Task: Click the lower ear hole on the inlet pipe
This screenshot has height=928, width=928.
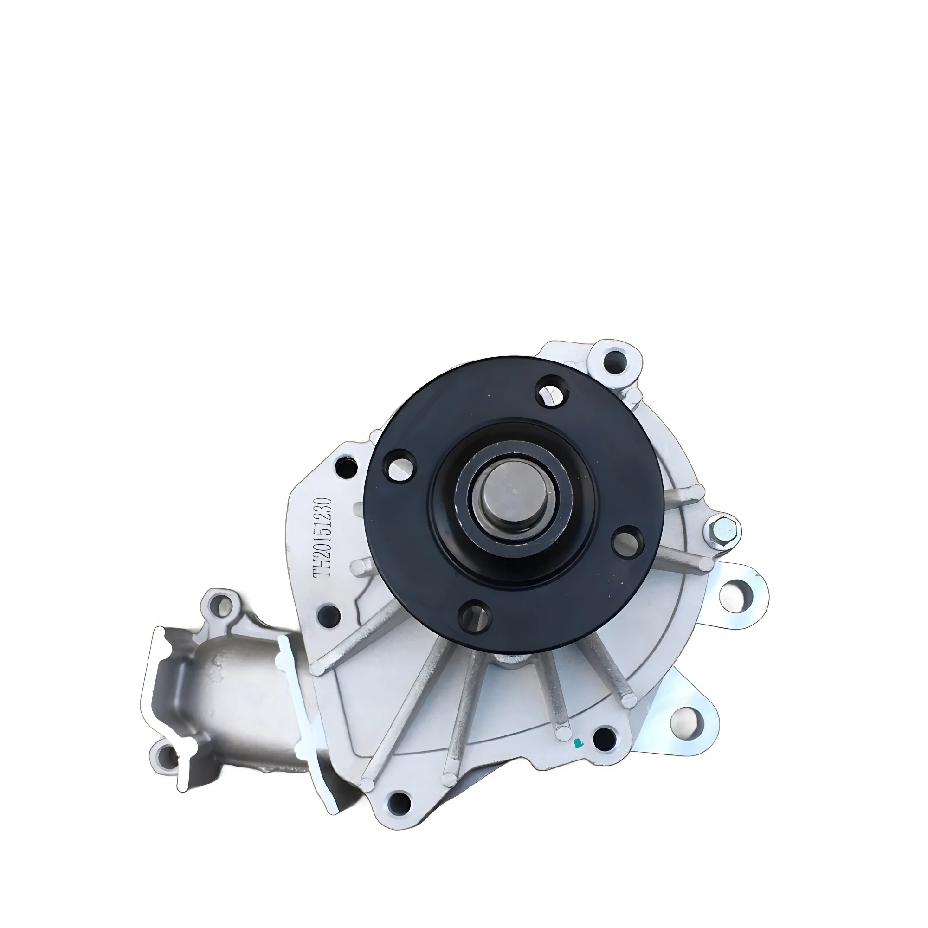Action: click(x=166, y=758)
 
